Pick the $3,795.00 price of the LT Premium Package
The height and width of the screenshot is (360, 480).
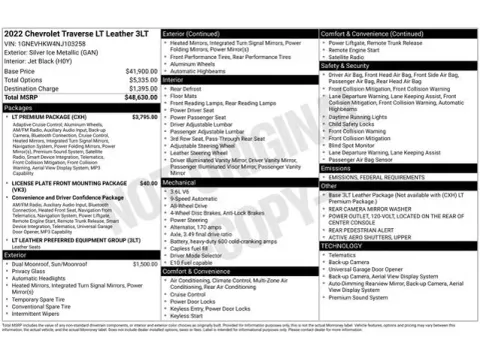pyautogui.click(x=144, y=117)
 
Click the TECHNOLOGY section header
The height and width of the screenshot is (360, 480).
pyautogui.click(x=343, y=245)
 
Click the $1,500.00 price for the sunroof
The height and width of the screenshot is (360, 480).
pyautogui.click(x=144, y=262)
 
